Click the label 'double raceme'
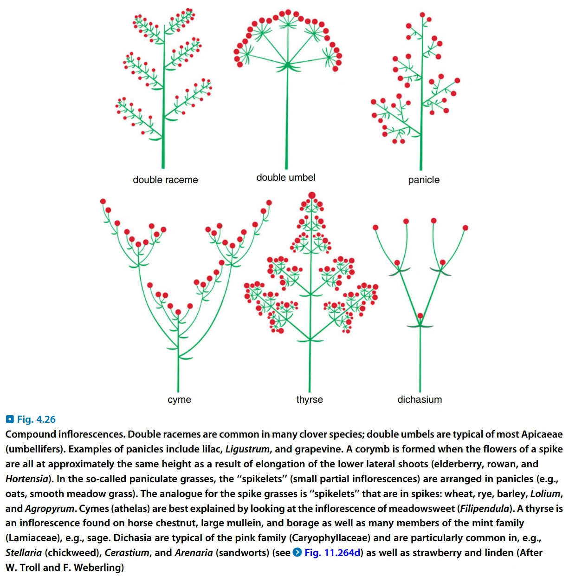[x=165, y=180]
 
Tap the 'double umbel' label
[x=286, y=177]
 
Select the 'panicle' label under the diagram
[x=423, y=180]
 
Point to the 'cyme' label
[x=179, y=399]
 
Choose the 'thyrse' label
[x=310, y=399]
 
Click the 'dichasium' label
[x=420, y=399]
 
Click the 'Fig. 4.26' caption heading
[x=36, y=419]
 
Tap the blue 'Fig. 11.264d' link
[x=332, y=553]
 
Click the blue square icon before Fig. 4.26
[x=10, y=419]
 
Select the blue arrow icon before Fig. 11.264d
[x=297, y=553]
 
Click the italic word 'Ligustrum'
[x=247, y=449]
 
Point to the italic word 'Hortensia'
[x=27, y=479]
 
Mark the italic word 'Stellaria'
[x=24, y=553]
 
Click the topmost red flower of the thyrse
[x=312, y=196]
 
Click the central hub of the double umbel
[x=288, y=65]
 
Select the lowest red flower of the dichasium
[x=420, y=316]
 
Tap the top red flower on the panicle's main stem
[x=429, y=20]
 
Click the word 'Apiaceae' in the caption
[x=542, y=434]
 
